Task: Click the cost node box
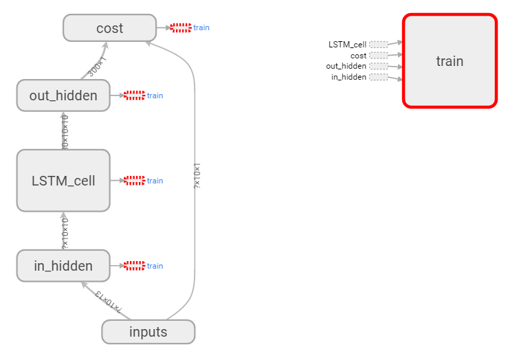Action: click(x=110, y=28)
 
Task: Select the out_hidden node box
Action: click(x=63, y=95)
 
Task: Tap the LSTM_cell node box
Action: click(x=63, y=181)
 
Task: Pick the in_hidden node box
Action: click(x=63, y=266)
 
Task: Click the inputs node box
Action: click(x=148, y=332)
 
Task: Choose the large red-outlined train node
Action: click(x=450, y=61)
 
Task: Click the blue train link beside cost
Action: click(x=201, y=28)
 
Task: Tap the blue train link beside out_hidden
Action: click(x=155, y=95)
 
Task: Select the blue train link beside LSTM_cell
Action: click(x=155, y=181)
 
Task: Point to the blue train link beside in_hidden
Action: click(x=155, y=266)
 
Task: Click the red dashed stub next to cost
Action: click(x=181, y=28)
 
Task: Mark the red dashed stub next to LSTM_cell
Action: click(x=134, y=181)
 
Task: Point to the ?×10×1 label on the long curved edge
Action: click(x=197, y=175)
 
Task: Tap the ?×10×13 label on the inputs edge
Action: click(x=109, y=300)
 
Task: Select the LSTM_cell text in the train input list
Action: click(x=347, y=45)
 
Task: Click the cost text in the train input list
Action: click(x=358, y=56)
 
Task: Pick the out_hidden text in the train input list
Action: click(x=346, y=67)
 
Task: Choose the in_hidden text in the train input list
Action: click(x=349, y=77)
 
